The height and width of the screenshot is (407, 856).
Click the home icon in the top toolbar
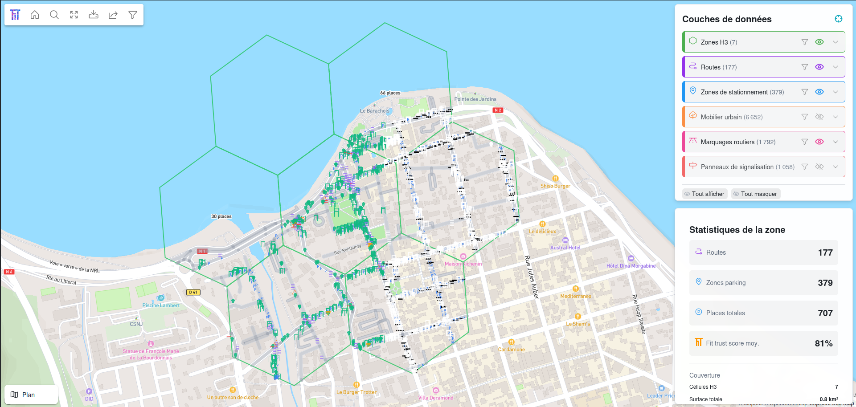(x=35, y=15)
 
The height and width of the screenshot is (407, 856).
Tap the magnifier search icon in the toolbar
(x=54, y=15)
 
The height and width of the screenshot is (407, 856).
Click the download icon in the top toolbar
(x=94, y=15)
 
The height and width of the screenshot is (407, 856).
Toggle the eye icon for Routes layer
(x=819, y=67)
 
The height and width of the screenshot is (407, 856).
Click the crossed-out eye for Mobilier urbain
(x=819, y=117)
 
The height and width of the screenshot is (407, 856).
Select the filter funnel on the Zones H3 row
(x=804, y=42)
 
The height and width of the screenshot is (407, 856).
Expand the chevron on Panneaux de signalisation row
(x=836, y=167)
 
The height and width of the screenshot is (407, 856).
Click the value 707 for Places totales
(x=825, y=313)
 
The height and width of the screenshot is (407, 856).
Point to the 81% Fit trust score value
(x=823, y=343)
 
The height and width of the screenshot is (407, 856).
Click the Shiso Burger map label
(x=555, y=186)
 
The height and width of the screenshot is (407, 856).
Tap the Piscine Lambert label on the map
(x=161, y=305)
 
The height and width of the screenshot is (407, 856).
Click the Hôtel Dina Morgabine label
(x=631, y=266)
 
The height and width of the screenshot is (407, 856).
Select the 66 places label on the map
(x=390, y=93)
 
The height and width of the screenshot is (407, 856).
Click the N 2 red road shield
(x=498, y=110)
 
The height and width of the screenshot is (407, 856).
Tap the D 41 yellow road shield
(x=193, y=292)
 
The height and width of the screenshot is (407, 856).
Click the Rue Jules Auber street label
(x=531, y=277)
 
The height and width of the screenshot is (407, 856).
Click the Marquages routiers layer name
(x=727, y=142)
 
